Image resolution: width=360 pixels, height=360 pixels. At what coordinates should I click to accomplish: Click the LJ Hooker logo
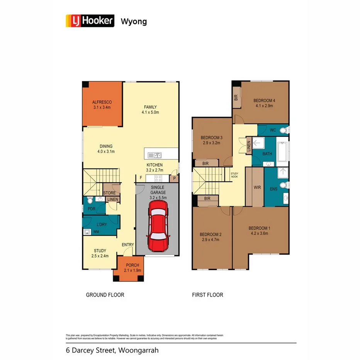coord(90,20)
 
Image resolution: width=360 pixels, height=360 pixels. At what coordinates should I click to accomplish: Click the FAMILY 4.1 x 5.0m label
coord(150,110)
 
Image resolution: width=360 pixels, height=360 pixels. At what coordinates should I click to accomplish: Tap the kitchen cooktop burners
coord(158,178)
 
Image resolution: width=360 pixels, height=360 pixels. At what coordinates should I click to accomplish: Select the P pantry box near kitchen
coord(174,178)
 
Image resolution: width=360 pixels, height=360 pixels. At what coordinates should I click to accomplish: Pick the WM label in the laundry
coord(96,232)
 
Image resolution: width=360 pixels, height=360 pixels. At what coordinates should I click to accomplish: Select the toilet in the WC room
coord(284,130)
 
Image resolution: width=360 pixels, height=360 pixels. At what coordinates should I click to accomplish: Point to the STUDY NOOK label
coord(234,175)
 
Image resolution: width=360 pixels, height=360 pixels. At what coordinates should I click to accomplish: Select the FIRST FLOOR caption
coord(207,295)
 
